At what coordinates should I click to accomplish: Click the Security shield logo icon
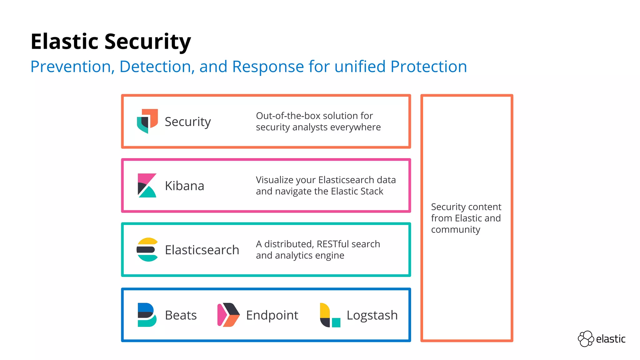click(x=147, y=121)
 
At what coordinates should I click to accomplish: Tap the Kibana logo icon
click(x=147, y=186)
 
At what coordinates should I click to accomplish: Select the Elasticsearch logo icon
click(x=147, y=250)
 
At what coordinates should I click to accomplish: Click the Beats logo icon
click(x=147, y=315)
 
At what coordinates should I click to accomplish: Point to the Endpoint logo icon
click(x=228, y=315)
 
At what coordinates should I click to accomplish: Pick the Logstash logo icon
click(x=330, y=315)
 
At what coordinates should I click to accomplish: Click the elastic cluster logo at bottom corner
click(x=586, y=339)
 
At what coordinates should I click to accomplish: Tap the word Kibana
click(x=184, y=186)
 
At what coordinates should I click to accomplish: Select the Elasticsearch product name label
click(x=202, y=250)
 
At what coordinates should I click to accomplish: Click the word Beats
click(x=181, y=315)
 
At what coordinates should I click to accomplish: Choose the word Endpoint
click(x=272, y=315)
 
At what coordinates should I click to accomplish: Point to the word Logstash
click(x=372, y=315)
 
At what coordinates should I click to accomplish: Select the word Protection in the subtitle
click(x=428, y=67)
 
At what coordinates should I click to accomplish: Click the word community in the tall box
click(x=455, y=230)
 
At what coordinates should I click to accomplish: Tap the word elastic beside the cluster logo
click(x=610, y=339)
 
